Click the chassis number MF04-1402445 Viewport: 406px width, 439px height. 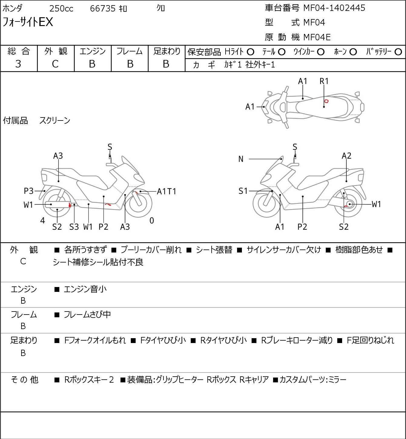[334, 8]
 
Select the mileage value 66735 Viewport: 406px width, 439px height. [103, 9]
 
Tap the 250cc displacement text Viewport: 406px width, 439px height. [61, 9]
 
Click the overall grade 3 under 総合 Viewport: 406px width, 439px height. [18, 64]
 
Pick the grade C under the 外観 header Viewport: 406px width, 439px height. [55, 64]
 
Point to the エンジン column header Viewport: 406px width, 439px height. [92, 51]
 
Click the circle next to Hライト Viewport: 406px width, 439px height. [250, 52]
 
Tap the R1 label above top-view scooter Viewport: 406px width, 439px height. [324, 81]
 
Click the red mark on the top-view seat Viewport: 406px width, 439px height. [326, 101]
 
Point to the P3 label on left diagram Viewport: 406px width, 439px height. [28, 191]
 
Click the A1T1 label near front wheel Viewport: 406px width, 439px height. [167, 191]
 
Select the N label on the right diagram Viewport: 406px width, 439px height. [241, 159]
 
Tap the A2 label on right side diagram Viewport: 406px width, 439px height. [346, 156]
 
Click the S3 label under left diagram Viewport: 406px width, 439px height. [74, 227]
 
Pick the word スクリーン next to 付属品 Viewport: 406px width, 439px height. [55, 120]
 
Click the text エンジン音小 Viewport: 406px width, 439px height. [85, 289]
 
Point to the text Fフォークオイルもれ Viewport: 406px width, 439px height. [95, 340]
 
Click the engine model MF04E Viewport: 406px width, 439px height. [317, 37]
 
